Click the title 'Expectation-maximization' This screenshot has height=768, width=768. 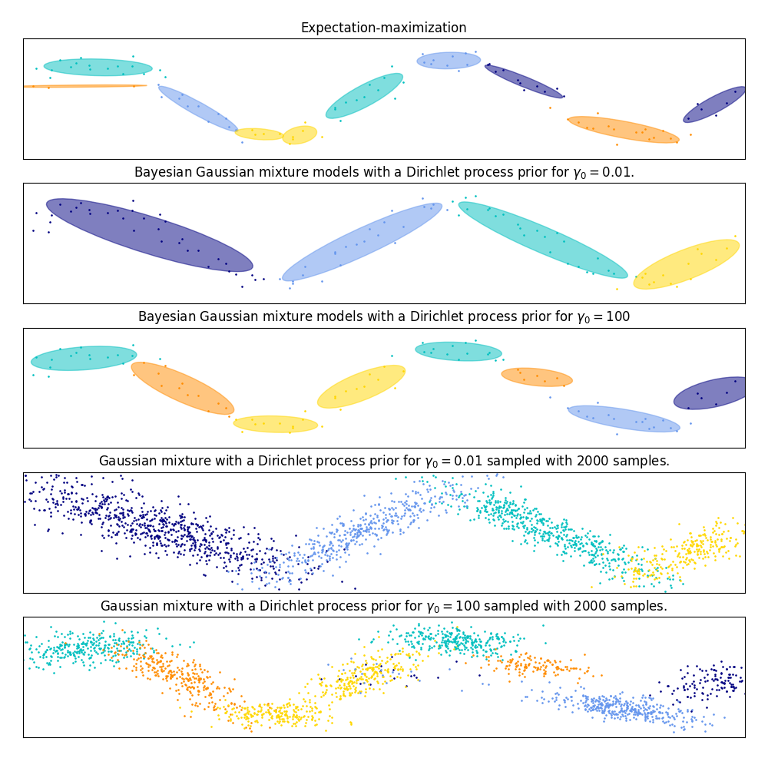383,28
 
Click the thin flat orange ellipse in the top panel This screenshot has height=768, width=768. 84,86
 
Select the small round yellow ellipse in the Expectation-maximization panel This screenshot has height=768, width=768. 300,135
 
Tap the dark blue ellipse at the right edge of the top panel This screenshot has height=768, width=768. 715,104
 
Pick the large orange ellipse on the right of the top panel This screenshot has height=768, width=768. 623,129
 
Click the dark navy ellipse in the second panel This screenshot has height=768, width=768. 149,234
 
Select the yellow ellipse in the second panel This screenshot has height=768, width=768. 687,264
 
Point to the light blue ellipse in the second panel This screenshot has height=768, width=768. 362,242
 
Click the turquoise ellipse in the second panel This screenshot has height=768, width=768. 542,240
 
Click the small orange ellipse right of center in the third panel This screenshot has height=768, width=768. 537,376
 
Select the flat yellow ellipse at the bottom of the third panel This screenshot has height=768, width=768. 275,424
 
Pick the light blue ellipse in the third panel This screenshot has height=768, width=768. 624,419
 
